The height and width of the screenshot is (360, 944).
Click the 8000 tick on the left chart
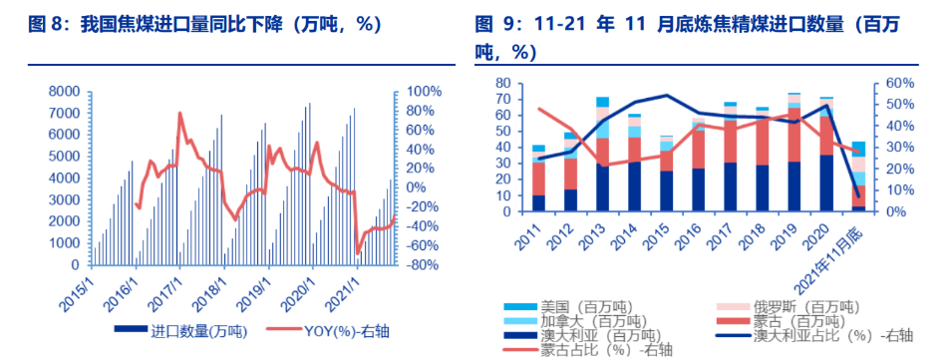62,91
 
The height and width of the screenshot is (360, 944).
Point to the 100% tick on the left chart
422,91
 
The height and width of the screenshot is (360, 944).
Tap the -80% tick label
422,265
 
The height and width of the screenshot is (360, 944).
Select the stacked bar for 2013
602,156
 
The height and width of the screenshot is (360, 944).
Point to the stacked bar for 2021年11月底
858,178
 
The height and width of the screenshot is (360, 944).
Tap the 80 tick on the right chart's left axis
503,83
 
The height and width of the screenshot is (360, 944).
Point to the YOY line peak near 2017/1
179,113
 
